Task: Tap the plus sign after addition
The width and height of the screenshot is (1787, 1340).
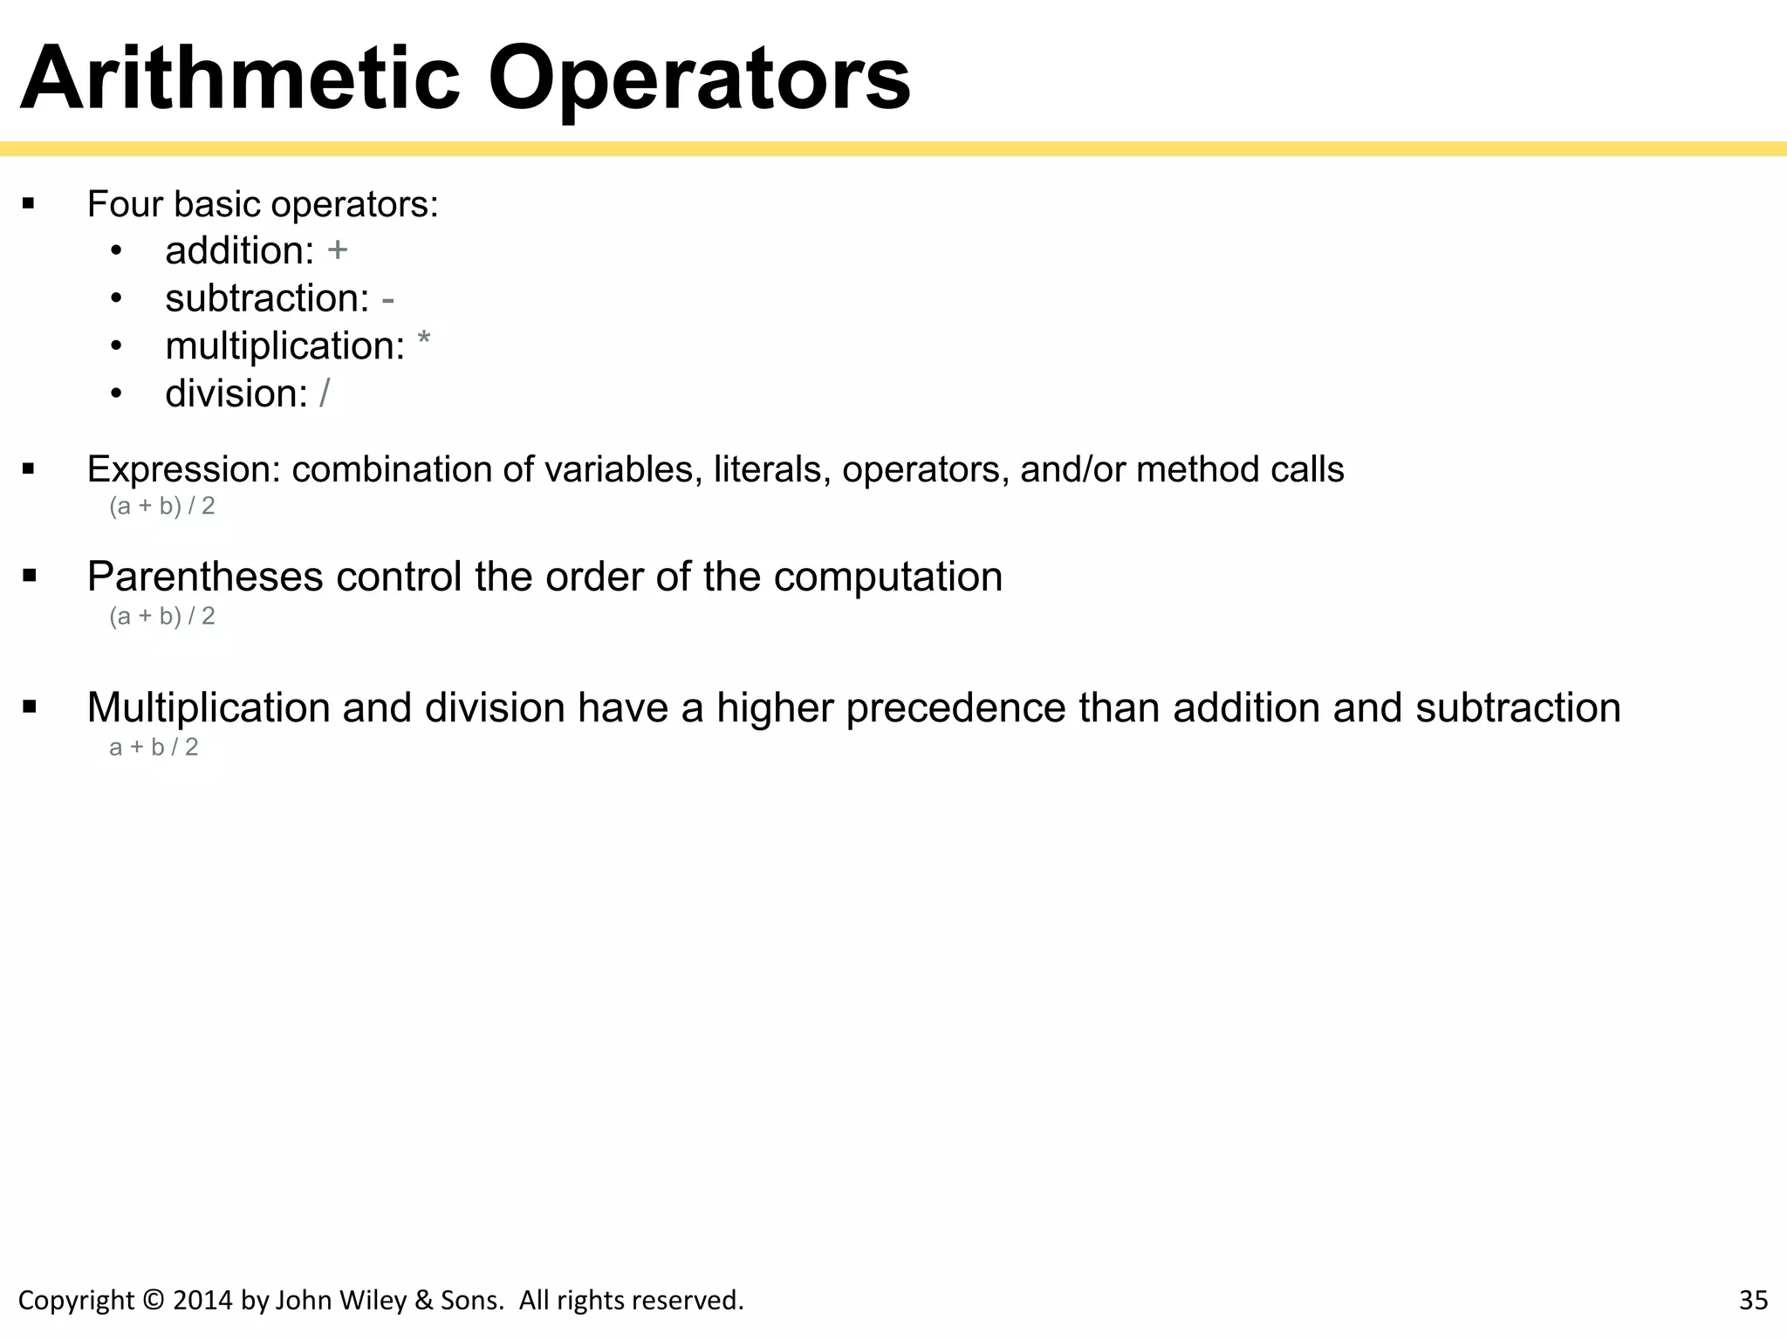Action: (x=338, y=250)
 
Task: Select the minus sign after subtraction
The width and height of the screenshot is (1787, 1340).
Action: (x=388, y=299)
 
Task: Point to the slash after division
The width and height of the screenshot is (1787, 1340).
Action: (x=325, y=393)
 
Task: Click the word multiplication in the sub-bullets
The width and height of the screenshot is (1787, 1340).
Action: (x=284, y=346)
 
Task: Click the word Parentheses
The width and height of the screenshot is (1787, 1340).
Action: (x=205, y=578)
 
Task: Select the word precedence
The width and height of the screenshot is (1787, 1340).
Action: (x=955, y=708)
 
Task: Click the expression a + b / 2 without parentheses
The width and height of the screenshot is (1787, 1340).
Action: (x=154, y=748)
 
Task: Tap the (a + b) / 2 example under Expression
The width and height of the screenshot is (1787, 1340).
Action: (x=162, y=506)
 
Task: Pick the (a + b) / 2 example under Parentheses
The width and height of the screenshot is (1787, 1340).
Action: (x=162, y=617)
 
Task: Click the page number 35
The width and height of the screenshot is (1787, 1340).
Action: (x=1753, y=1301)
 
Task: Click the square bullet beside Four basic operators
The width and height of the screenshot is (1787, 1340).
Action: (x=29, y=205)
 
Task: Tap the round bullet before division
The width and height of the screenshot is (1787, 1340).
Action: (x=117, y=393)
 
